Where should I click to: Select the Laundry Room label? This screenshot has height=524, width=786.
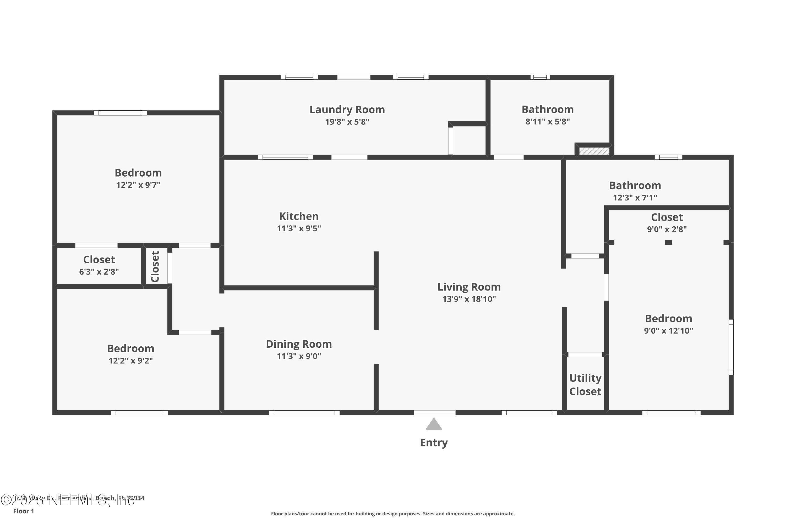[x=347, y=110]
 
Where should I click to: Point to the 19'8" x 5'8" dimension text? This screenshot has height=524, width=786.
[x=347, y=122]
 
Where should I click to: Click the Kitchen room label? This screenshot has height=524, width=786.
[x=298, y=216]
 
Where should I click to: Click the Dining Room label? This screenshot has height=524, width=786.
[x=298, y=344]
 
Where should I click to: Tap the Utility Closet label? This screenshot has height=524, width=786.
[x=585, y=385]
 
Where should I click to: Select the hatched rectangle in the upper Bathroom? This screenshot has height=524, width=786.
[x=594, y=151]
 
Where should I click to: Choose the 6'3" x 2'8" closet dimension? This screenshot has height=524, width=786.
[x=99, y=272]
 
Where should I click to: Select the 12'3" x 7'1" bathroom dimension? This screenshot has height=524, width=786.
[x=635, y=198]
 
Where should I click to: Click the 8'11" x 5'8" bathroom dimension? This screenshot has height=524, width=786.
[x=547, y=122]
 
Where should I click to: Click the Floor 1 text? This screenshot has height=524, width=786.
[x=23, y=511]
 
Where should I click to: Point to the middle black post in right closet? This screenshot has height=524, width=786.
[x=668, y=243]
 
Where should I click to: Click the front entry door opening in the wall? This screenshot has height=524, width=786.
[x=434, y=413]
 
